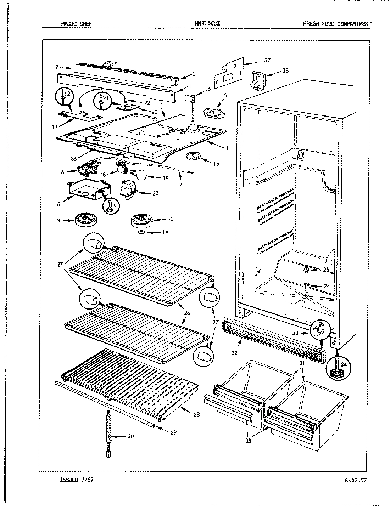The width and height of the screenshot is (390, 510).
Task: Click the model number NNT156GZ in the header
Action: (209, 24)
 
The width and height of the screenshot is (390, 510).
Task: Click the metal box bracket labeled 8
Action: (84, 191)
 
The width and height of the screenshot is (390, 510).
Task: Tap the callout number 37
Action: (267, 60)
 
